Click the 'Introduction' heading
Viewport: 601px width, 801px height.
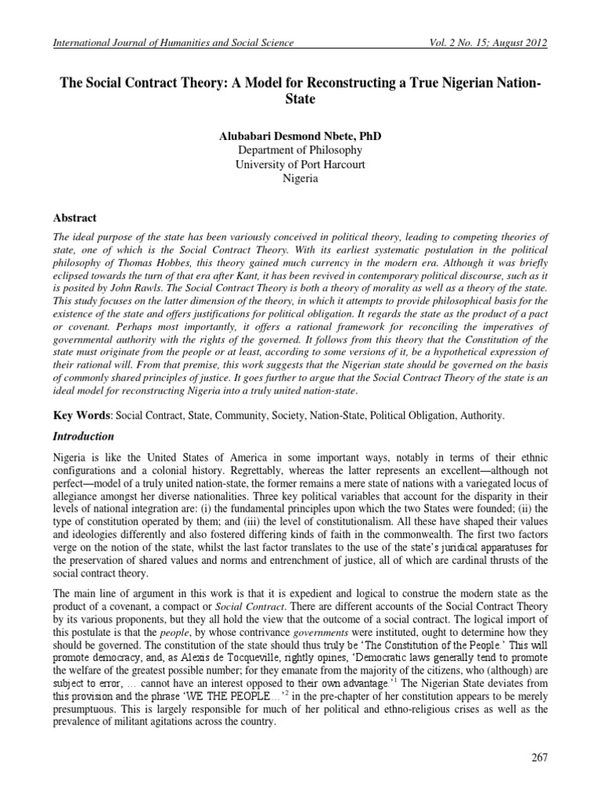pos(83,436)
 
